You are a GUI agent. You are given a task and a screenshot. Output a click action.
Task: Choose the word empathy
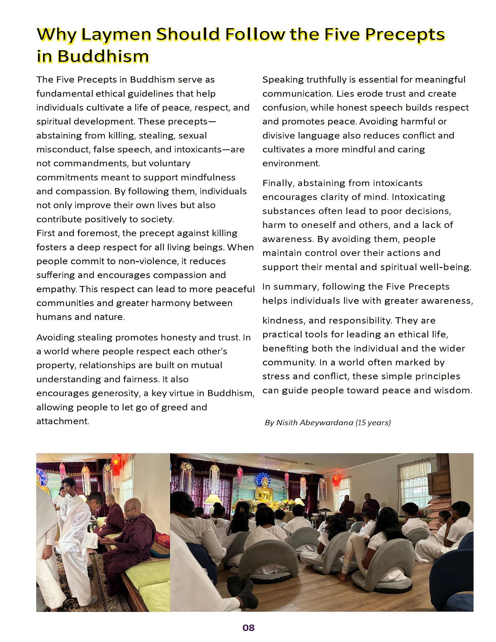pos(56,289)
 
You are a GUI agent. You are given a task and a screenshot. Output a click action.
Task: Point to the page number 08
pos(248,628)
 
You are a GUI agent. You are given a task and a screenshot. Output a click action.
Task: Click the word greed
pos(174,407)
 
